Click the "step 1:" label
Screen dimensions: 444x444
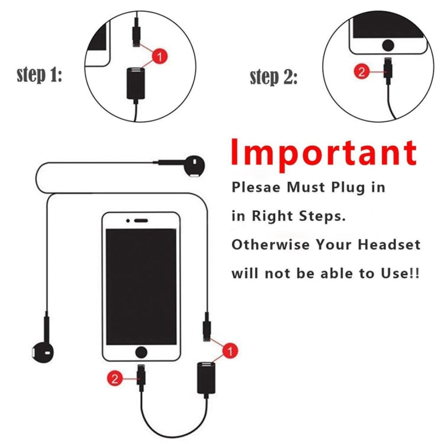(39, 75)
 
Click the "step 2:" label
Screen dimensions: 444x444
(273, 77)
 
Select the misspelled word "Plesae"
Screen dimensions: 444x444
(257, 188)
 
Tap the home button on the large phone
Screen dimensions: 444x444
(141, 352)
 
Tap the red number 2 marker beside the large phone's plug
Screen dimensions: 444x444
(114, 378)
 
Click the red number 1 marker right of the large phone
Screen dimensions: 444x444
(230, 351)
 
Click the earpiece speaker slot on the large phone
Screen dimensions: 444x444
(141, 220)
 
